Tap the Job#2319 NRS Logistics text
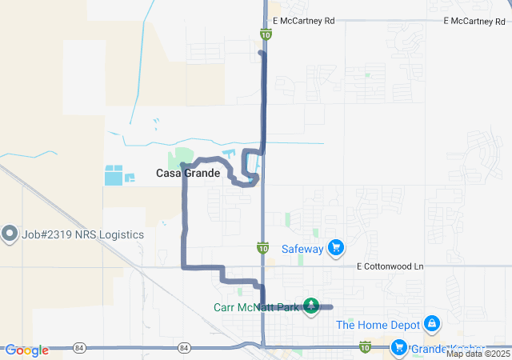tap(83, 234)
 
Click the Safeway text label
tap(302, 249)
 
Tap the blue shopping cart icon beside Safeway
tap(336, 248)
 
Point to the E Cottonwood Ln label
tap(390, 266)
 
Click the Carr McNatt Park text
tap(256, 307)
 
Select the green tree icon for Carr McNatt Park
tap(311, 306)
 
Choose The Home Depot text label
tap(378, 324)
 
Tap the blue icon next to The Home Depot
tap(432, 323)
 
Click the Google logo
tap(26, 350)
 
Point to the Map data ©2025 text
tap(478, 354)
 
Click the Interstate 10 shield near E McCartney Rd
tap(265, 34)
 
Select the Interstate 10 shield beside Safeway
tap(262, 249)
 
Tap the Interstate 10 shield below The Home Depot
tap(366, 346)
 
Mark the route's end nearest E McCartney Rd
tap(261, 53)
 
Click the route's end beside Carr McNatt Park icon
tap(330, 306)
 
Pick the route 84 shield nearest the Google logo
tap(78, 347)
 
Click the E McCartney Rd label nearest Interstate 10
tap(303, 21)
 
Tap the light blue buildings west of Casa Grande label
tap(114, 174)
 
